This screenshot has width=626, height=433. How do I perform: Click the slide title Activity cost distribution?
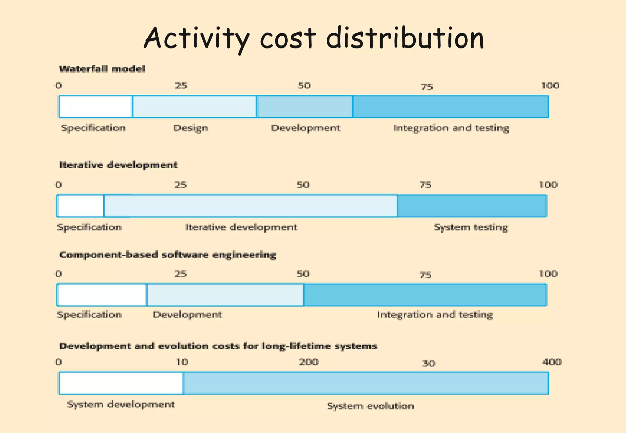coord(314,38)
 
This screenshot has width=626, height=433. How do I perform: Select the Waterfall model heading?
coord(102,69)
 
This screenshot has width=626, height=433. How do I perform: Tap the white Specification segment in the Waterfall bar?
coord(96,107)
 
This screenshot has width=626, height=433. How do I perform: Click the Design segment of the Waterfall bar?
coord(194,107)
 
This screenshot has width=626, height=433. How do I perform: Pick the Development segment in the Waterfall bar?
coord(305,107)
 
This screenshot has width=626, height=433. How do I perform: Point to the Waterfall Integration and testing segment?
coord(451,107)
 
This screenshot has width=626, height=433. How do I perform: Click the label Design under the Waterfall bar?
coord(191,128)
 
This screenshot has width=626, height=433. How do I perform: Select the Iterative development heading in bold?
coord(118,165)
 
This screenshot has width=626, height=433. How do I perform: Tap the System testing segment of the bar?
coord(472,206)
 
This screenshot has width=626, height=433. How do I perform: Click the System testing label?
coord(471,227)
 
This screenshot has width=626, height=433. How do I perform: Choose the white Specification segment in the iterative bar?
coord(81,206)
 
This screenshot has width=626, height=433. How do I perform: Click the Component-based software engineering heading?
coord(168,255)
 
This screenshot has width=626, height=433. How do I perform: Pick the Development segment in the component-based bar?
coord(225,295)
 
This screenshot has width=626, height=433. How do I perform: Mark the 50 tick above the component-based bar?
coord(303,274)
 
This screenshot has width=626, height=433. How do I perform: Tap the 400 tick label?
coord(552,362)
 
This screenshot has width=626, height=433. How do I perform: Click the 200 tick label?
coord(309,362)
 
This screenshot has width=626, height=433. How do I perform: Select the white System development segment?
coord(121,383)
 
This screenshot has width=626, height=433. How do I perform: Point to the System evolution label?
coord(371,406)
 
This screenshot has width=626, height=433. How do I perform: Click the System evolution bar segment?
coord(366,383)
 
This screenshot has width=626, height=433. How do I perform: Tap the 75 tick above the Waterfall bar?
coord(427,87)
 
